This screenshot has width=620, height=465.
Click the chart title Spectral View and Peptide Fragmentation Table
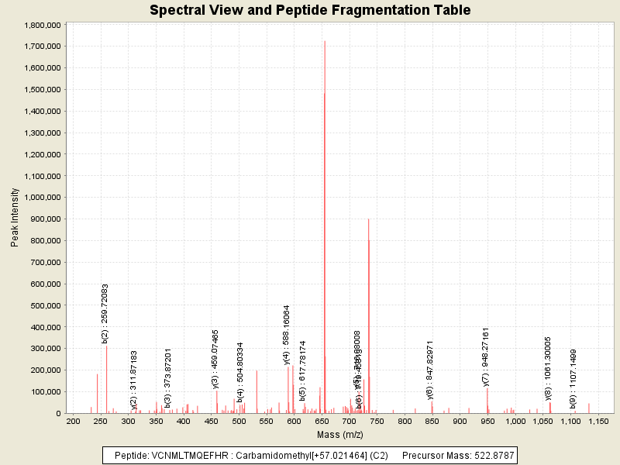310,10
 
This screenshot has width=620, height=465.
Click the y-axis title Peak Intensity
15,219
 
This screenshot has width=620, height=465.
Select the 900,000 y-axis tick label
44,219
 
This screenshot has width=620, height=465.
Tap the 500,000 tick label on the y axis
44,305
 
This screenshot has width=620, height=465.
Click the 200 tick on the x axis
74,422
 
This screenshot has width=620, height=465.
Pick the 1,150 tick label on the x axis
598,422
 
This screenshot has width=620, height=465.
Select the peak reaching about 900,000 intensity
368,220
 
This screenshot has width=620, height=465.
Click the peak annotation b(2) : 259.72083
105,313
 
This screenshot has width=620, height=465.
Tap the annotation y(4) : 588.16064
287,334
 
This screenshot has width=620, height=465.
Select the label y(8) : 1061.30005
548,368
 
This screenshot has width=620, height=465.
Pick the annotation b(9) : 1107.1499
573,378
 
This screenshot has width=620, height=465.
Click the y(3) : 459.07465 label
215,358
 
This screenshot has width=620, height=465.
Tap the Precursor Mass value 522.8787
494,454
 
